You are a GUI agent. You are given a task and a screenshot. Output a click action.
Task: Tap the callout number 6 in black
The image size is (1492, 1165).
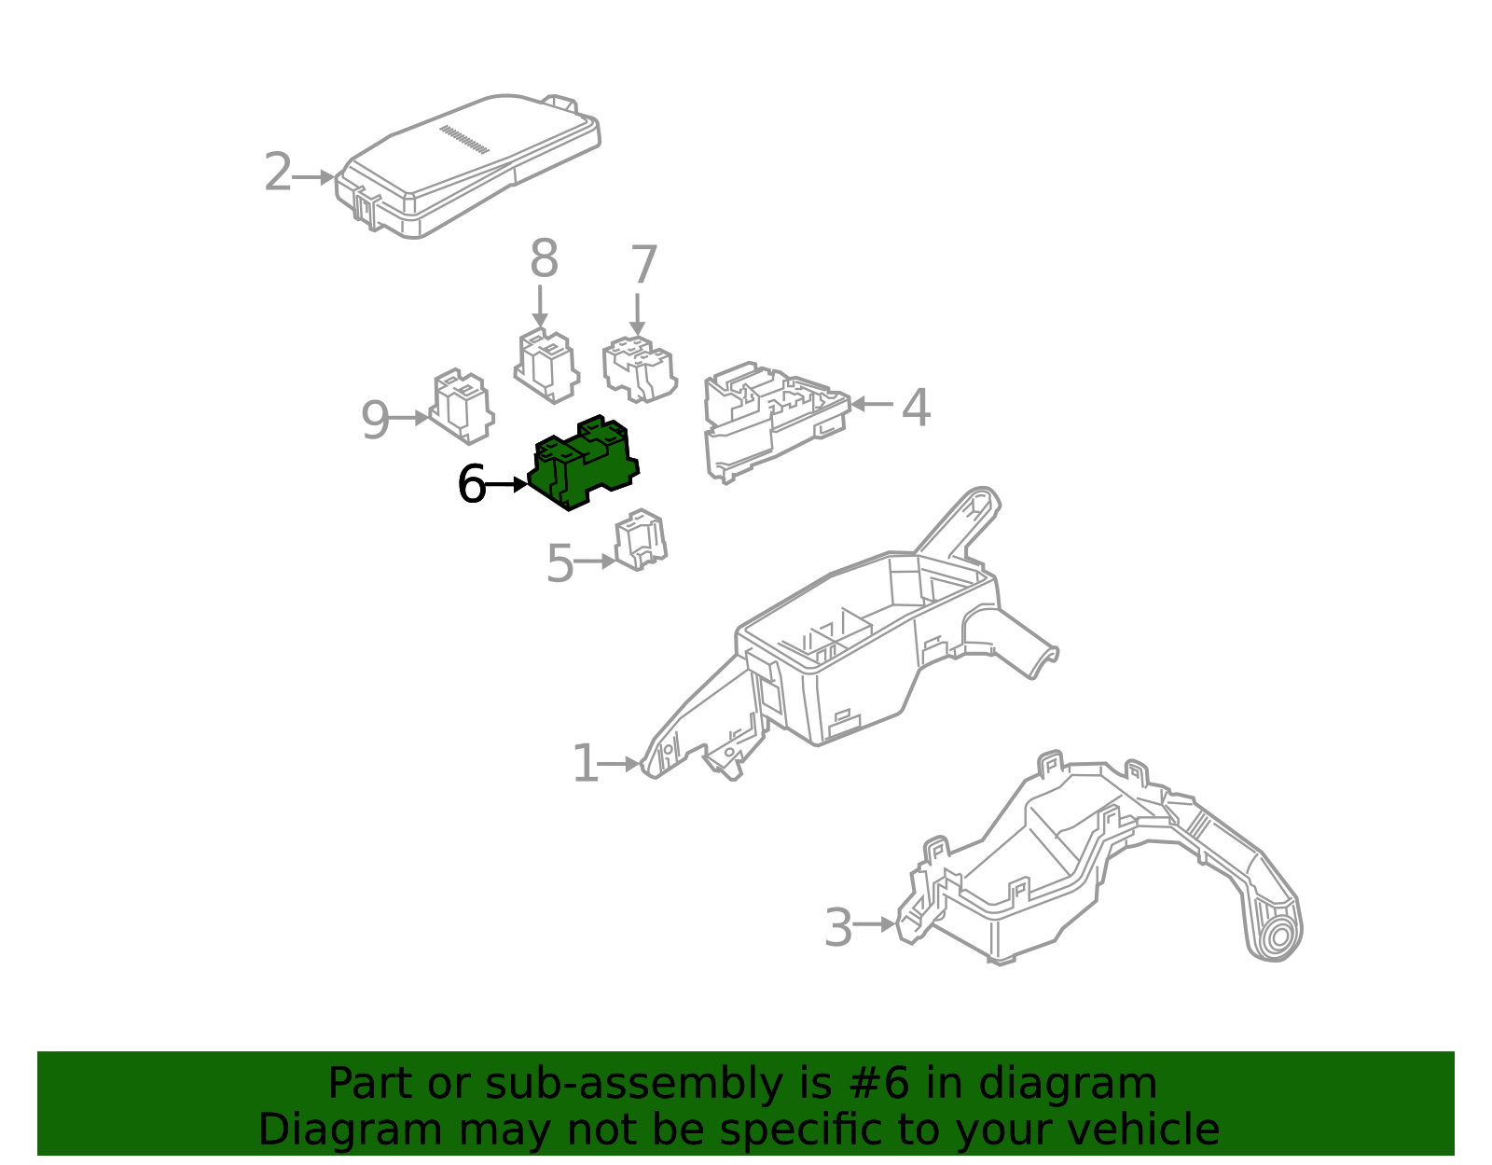click(472, 485)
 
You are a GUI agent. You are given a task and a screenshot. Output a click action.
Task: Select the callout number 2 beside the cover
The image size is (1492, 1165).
click(278, 173)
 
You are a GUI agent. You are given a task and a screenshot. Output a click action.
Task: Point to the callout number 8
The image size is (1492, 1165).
click(544, 259)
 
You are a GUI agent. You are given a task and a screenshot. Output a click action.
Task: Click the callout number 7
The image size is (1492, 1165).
click(643, 266)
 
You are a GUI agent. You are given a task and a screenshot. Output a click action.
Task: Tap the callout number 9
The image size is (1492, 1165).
click(375, 421)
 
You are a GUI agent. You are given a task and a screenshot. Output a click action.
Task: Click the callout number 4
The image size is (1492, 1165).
click(916, 408)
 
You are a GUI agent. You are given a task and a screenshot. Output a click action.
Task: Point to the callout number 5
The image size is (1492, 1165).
click(559, 563)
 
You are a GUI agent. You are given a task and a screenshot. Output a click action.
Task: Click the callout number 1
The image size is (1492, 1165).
click(585, 764)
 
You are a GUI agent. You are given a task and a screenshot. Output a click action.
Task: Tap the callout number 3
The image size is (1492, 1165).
click(838, 927)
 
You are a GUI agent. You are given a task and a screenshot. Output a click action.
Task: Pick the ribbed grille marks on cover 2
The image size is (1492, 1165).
click(463, 138)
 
